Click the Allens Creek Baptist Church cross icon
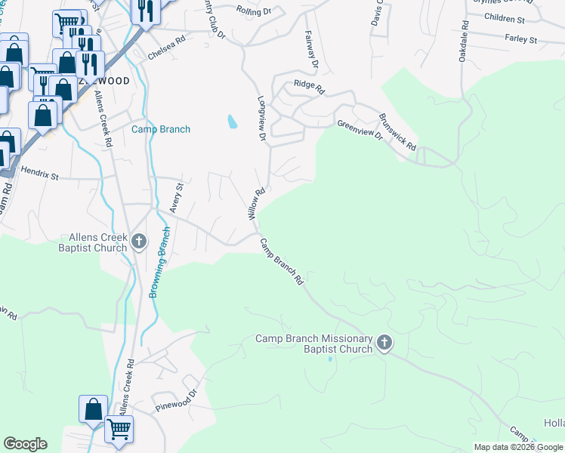138,242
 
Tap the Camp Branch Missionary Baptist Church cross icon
384,344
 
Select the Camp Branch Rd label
282,262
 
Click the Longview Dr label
262,119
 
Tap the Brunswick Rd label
397,132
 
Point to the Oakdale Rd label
464,41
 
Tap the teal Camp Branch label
161,129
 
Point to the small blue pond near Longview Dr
231,120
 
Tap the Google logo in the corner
25,444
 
